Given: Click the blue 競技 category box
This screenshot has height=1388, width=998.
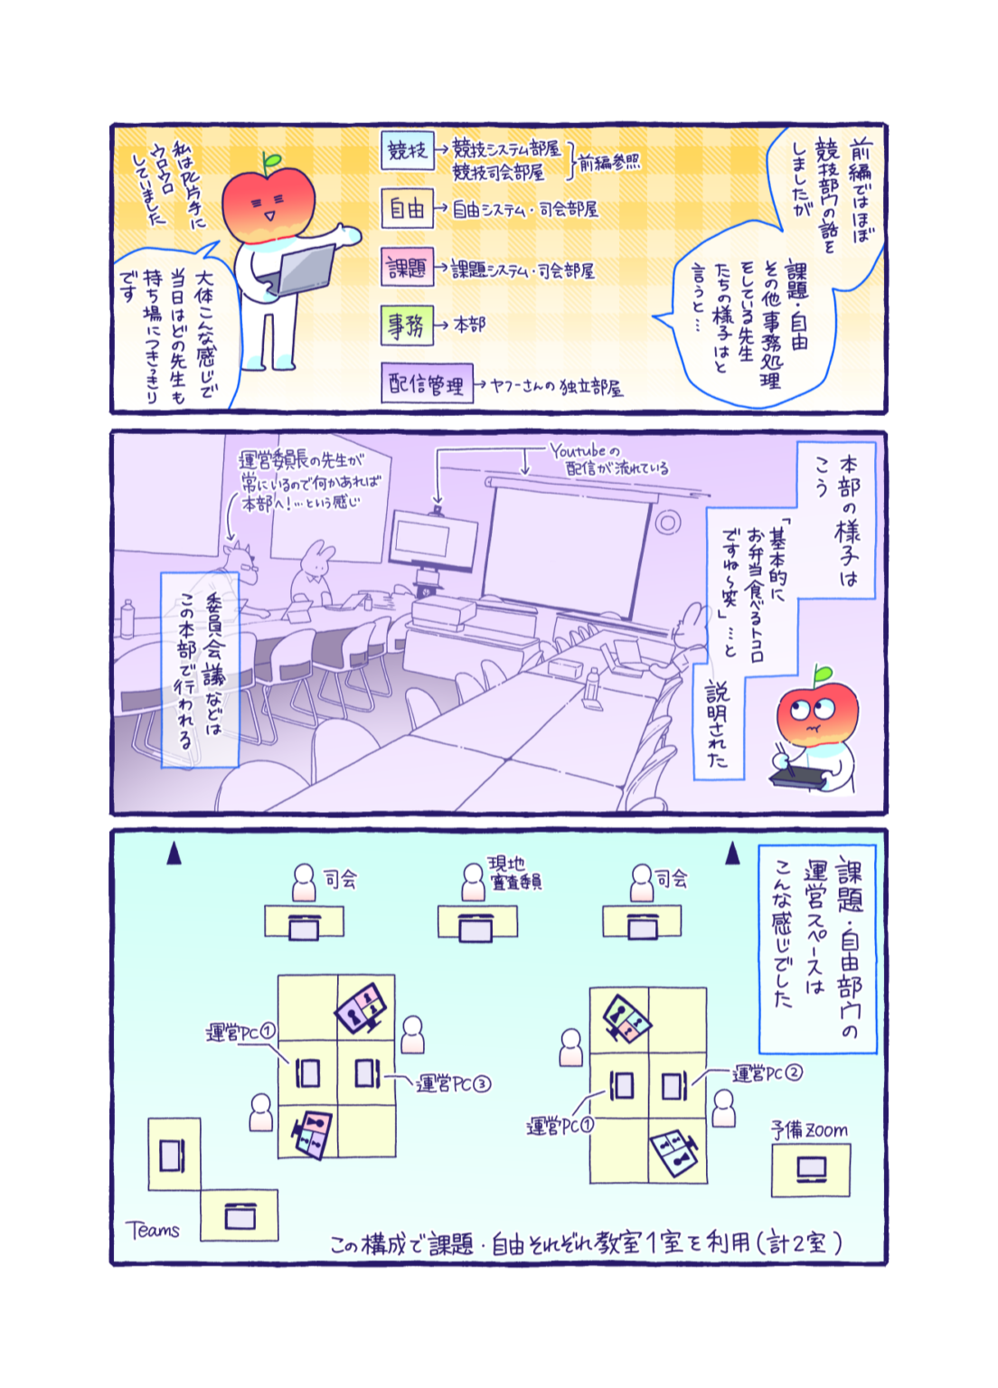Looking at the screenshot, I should (x=407, y=151).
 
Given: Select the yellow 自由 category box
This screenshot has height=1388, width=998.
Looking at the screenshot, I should (x=407, y=209).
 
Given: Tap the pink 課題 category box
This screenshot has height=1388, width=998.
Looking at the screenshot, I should (x=407, y=268).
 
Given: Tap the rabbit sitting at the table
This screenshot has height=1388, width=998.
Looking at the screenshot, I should (x=313, y=572).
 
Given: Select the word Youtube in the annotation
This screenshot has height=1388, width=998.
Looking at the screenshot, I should (x=579, y=450).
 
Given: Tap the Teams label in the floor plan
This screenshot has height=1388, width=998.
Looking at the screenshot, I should (x=153, y=1230).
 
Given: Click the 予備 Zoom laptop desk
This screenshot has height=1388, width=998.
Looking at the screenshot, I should (x=811, y=1170).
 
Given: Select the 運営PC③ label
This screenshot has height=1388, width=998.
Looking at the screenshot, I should (x=453, y=1083).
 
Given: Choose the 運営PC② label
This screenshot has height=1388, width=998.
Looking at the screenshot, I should (x=767, y=1073).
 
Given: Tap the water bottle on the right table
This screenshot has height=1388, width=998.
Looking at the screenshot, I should (x=593, y=688).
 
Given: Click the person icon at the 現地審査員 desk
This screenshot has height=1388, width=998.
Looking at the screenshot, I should (x=474, y=882).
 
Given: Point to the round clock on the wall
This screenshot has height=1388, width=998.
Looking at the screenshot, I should (x=668, y=522).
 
